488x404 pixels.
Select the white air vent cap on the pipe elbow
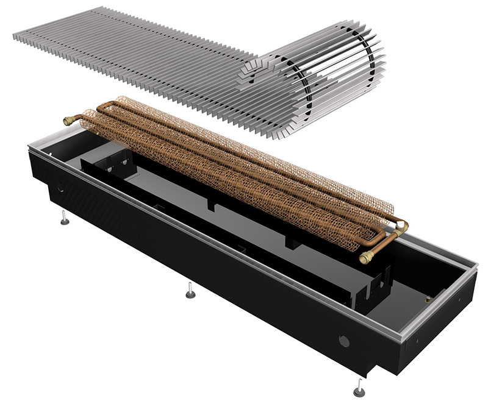(403, 225)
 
